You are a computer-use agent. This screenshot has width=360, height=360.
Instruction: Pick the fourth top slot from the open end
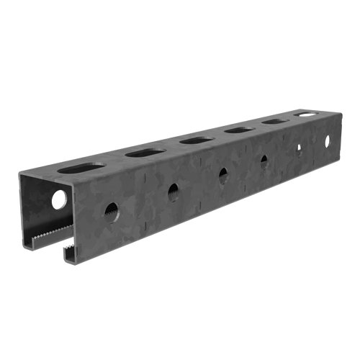click(237, 130)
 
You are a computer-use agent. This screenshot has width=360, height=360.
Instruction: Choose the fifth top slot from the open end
click(274, 121)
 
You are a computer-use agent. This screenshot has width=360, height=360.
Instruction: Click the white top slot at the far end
click(307, 114)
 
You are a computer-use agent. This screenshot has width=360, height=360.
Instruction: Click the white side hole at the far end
click(325, 139)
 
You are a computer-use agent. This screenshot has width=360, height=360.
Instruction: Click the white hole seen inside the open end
click(58, 199)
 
